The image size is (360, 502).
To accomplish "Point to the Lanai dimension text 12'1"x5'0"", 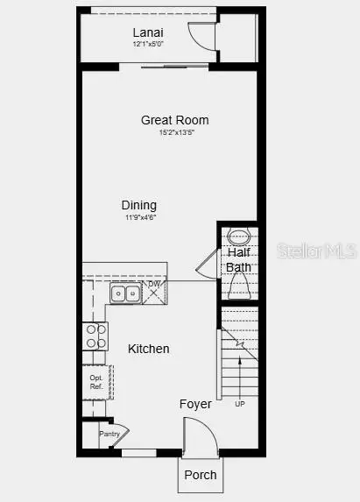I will click(147, 43).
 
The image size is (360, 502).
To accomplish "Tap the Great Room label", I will click(175, 120).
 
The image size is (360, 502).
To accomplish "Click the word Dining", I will click(139, 205).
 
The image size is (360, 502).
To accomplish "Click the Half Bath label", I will click(238, 260).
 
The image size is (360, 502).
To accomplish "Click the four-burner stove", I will click(95, 336).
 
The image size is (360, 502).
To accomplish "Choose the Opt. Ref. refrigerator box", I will click(96, 381).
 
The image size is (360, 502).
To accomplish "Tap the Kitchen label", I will click(149, 349).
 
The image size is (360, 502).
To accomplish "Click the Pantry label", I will click(109, 434).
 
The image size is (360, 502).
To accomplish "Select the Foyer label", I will click(195, 405).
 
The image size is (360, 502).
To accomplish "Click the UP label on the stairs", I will click(240, 404).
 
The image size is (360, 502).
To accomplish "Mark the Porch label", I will click(199, 475).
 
